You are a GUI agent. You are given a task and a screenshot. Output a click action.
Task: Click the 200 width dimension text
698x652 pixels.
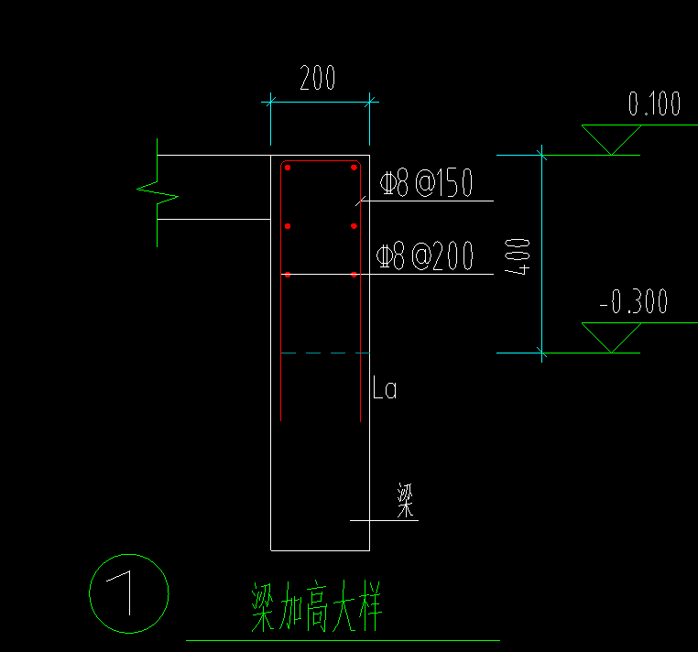[318, 80]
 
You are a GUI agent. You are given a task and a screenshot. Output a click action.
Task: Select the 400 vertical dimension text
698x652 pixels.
[518, 256]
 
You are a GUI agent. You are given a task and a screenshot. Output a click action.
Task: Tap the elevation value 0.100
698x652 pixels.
[654, 104]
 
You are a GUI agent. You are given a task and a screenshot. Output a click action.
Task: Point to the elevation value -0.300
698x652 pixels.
[646, 302]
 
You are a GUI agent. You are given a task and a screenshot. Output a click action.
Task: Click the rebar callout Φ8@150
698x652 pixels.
[427, 184]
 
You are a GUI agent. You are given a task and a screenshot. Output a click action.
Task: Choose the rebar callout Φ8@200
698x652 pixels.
[427, 257]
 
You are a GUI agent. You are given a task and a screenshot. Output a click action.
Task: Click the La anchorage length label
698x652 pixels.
[385, 389]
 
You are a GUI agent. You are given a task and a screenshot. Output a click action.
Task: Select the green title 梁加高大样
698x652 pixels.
[316, 607]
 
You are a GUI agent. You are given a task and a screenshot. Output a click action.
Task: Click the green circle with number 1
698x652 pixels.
[129, 593]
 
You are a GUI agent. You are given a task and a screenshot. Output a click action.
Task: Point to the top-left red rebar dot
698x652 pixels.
[288, 167]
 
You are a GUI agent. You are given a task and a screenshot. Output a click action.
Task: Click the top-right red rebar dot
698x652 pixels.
[354, 167]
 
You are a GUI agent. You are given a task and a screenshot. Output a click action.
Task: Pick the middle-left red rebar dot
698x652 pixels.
[288, 225]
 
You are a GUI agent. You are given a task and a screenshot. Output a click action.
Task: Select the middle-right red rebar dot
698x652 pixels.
[354, 225]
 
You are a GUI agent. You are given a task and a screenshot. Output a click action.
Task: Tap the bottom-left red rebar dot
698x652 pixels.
[288, 275]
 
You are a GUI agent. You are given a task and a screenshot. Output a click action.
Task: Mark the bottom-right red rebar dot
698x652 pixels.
[354, 275]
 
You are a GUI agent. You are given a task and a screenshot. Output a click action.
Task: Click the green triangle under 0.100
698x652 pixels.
[612, 137]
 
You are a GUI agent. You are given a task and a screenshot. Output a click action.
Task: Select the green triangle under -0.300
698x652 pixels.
[612, 335]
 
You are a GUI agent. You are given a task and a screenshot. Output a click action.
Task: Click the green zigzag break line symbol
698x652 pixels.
[157, 192]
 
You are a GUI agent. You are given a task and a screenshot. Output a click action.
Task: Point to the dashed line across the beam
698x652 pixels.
[321, 353]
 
